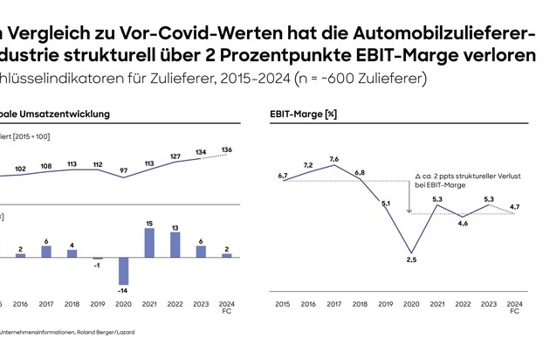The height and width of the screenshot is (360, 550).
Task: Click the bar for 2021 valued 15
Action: [149, 243]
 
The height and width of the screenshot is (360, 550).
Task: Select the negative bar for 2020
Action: [123, 271]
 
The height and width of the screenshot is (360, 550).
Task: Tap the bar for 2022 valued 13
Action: [175, 245]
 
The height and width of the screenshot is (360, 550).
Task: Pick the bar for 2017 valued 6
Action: [46, 252]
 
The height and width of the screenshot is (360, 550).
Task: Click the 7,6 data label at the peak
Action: [334, 159]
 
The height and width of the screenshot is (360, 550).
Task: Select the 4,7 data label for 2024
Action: [515, 207]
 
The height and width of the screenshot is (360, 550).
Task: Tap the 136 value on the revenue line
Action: [227, 149]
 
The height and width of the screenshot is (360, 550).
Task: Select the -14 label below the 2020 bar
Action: [123, 290]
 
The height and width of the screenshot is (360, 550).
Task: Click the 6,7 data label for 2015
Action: [284, 176]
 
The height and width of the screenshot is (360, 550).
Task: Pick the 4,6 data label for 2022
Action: [463, 224]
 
